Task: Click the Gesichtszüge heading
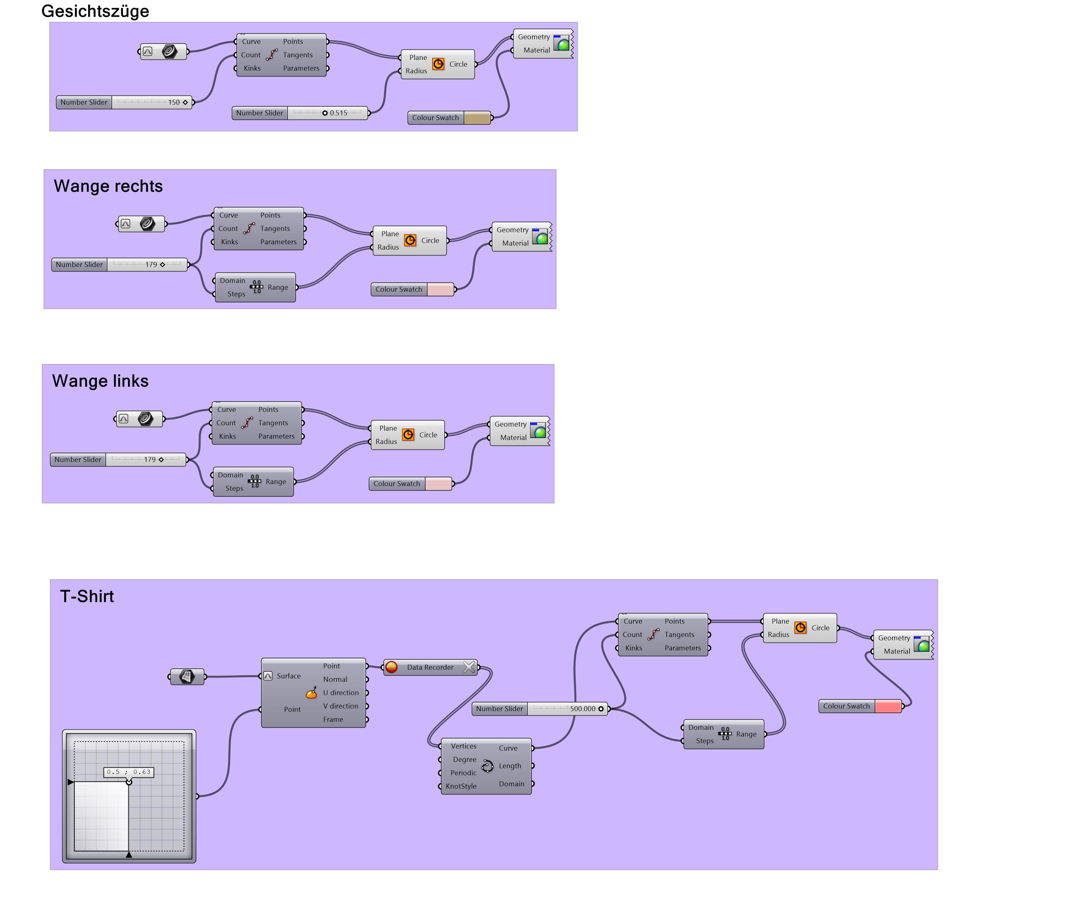[95, 11]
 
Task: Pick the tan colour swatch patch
[477, 118]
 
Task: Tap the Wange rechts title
[108, 186]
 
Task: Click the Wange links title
[100, 381]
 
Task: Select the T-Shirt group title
[87, 596]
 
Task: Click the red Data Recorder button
[392, 667]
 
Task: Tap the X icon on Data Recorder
[468, 667]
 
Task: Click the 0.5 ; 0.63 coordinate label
[129, 772]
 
